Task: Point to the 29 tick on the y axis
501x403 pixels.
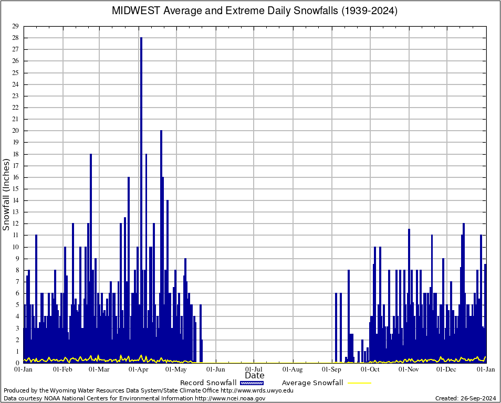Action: point(16,26)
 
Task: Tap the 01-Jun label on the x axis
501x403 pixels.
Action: point(216,370)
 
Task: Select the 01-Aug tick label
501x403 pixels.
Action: point(293,370)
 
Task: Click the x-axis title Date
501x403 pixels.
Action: point(255,376)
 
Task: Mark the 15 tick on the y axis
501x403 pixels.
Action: point(16,189)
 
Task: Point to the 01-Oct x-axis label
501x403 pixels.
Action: point(370,370)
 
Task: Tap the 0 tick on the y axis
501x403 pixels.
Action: point(18,363)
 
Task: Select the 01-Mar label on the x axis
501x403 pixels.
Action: point(99,370)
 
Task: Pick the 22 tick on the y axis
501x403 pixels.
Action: point(16,108)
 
